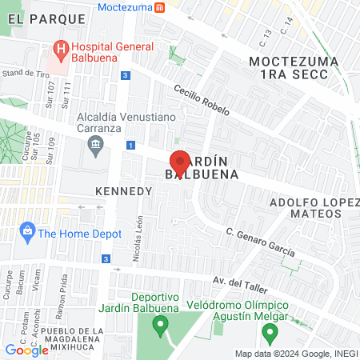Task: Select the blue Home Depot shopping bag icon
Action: [28, 234]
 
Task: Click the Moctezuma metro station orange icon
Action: [160, 7]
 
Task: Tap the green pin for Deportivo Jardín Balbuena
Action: [160, 326]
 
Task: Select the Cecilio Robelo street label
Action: [204, 102]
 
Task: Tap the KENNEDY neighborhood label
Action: [123, 192]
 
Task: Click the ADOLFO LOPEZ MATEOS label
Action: [314, 209]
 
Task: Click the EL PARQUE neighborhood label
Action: [43, 18]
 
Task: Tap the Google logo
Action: [26, 350]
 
